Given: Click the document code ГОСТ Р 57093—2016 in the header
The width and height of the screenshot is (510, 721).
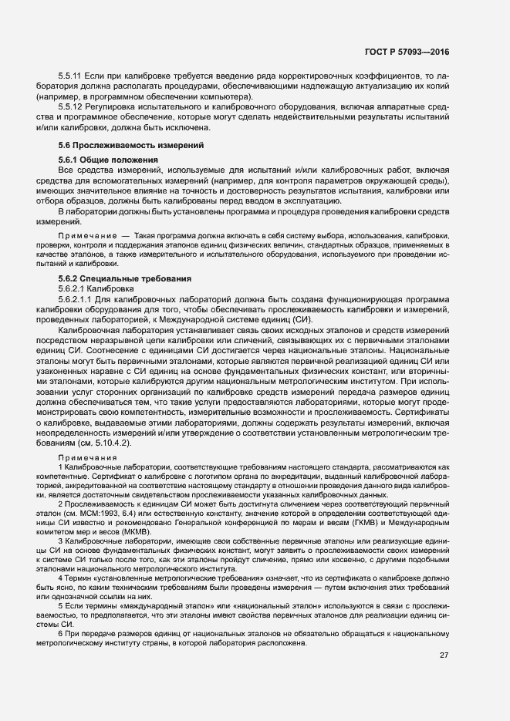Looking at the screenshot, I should point(407,52).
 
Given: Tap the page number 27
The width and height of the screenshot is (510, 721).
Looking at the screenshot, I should point(444,678).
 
